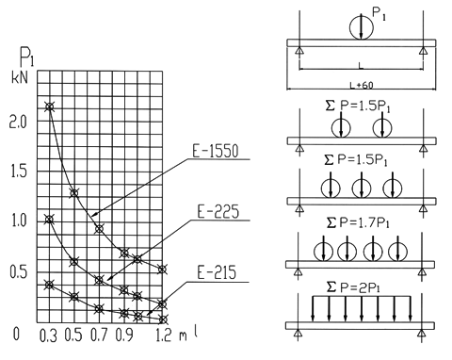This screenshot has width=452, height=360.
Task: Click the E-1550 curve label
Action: pos(216,151)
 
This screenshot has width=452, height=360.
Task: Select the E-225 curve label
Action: pos(218,211)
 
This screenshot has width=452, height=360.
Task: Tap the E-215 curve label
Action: pos(217,272)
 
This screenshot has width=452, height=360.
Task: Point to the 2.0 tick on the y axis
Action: pos(19,122)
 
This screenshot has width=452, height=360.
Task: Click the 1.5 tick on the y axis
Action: pos(19,172)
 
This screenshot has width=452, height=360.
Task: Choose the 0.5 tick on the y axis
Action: pos(19,272)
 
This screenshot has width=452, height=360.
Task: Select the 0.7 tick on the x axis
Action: pos(99,335)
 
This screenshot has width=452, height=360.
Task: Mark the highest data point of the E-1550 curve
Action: pos(49,106)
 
